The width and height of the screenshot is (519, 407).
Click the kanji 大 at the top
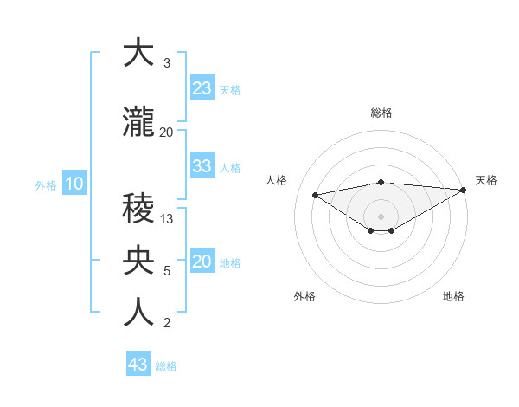tap(138, 54)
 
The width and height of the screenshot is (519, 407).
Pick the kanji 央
tap(138, 261)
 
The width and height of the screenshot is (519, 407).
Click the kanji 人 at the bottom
tap(138, 313)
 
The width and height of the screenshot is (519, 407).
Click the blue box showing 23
tap(202, 88)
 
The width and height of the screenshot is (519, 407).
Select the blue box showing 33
tap(202, 166)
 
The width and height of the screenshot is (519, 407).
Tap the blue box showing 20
tap(202, 262)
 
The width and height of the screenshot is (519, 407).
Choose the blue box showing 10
tap(74, 184)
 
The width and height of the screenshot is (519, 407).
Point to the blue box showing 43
tap(138, 365)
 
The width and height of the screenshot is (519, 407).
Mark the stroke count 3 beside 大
tap(166, 63)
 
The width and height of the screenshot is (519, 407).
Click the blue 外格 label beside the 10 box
tap(45, 184)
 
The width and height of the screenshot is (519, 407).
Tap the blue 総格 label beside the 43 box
tap(166, 365)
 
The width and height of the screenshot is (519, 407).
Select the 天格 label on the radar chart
tap(486, 180)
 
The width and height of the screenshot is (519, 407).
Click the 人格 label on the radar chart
tap(276, 180)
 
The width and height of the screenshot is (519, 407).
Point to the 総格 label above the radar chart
tap(381, 113)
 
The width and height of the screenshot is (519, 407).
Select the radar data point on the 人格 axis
tap(315, 194)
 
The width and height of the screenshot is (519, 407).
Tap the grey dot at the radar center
tap(381, 215)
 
